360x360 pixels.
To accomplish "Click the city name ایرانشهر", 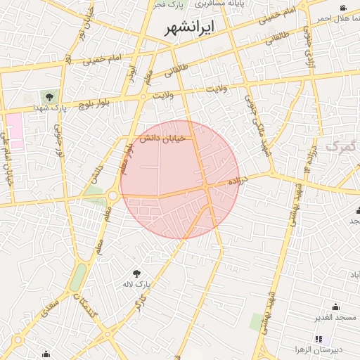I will pos(190,28).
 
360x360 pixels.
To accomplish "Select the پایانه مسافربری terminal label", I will pos(219,4).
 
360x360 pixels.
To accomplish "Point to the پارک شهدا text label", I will pos(49,108).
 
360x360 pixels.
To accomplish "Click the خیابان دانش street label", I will pos(162,139).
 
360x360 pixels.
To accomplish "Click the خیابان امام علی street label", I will pos(8,161).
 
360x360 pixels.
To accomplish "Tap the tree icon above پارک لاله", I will pos(137,272).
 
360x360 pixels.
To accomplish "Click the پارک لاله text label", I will pos(140,285).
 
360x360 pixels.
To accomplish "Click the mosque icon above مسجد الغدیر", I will pos(335,307).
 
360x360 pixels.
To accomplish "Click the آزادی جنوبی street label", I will pos(307,49).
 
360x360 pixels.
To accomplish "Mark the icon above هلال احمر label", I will pos(343,8).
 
